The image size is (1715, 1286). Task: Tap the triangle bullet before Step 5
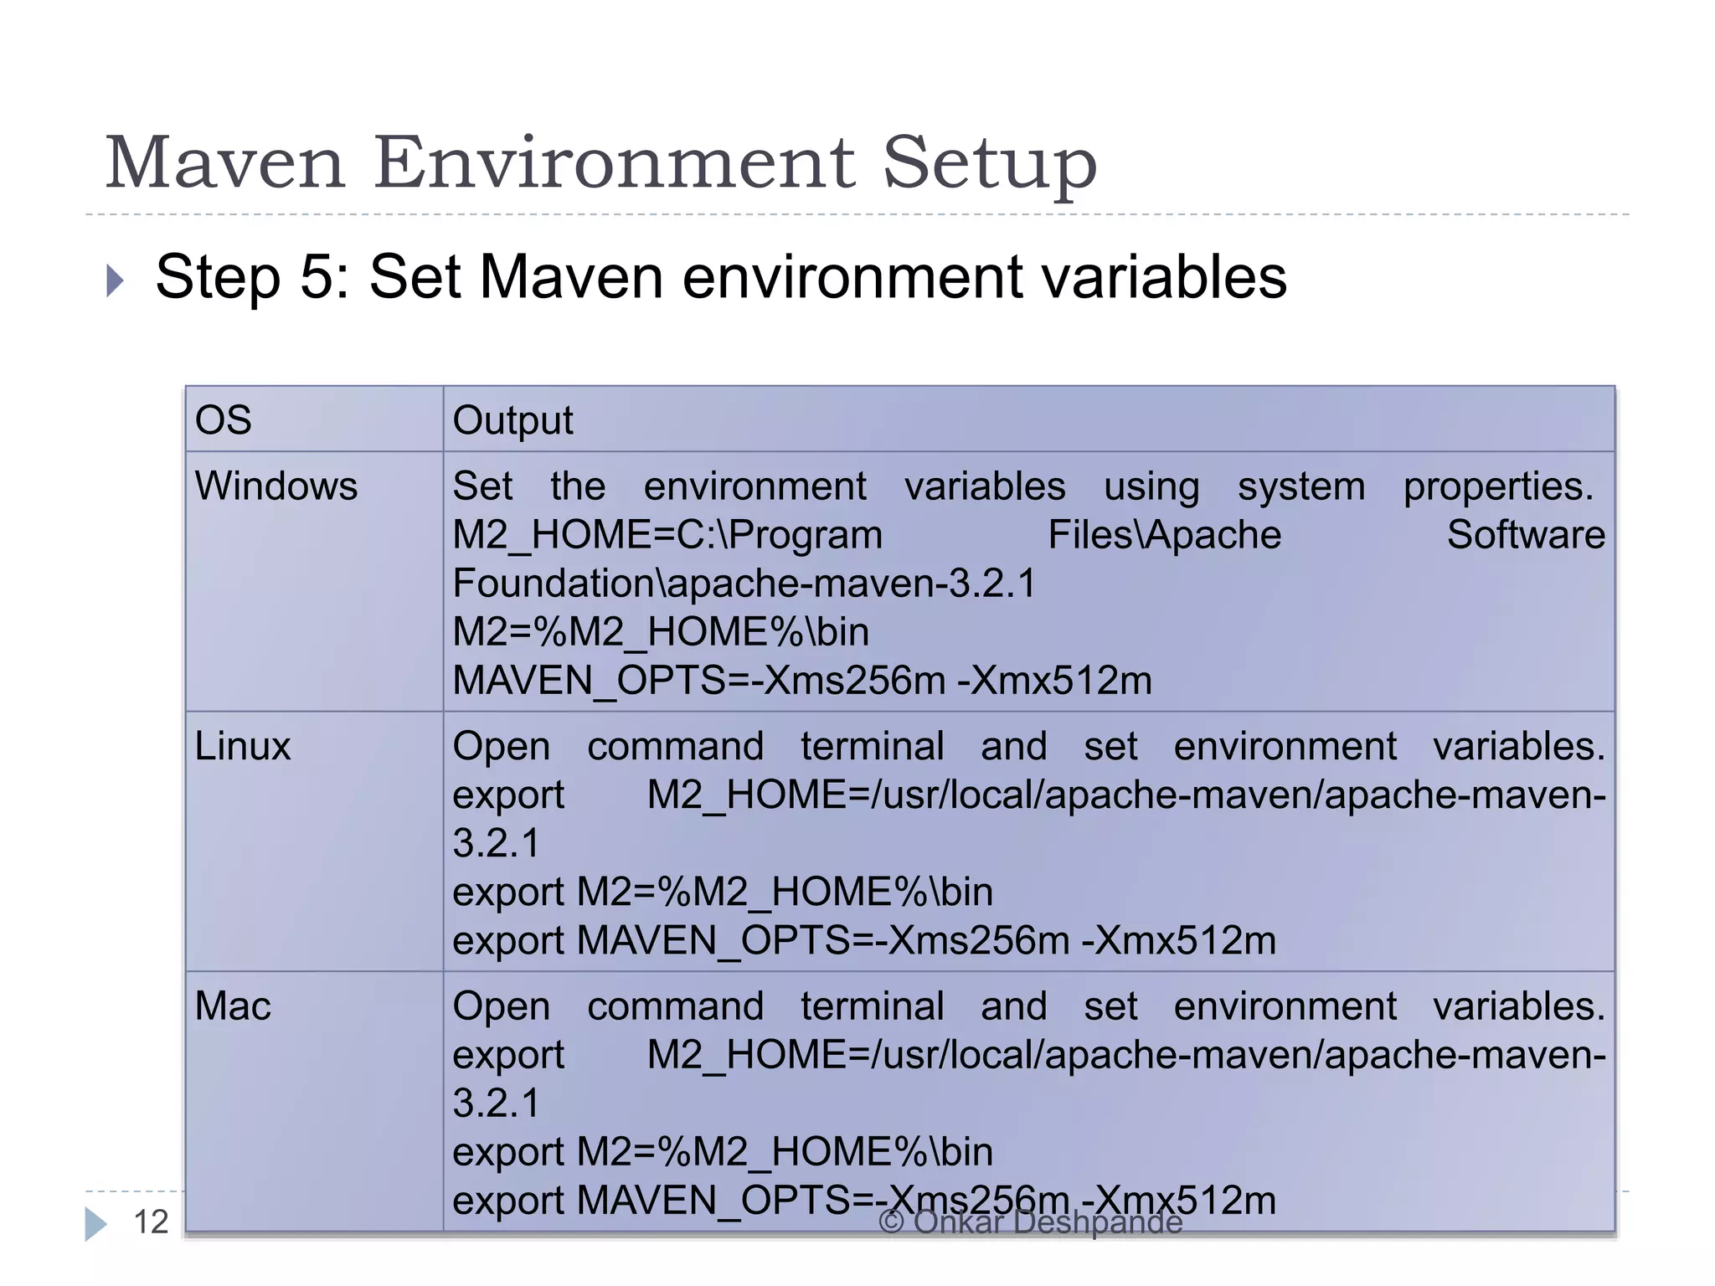point(116,280)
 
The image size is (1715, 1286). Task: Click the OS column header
point(223,420)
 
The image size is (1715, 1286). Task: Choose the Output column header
point(512,420)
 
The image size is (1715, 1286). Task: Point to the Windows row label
point(276,486)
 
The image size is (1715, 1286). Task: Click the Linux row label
point(242,746)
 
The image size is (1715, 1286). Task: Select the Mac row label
point(233,1006)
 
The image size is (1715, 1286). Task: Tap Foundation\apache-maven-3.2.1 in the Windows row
point(744,584)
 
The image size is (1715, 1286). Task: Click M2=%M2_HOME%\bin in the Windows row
point(660,632)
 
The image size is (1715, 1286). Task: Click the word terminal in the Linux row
point(872,746)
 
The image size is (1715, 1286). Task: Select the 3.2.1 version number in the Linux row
point(496,843)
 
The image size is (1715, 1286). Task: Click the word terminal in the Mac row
point(872,1006)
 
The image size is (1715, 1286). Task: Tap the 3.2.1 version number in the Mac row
point(496,1103)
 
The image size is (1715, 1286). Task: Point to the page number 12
point(151,1222)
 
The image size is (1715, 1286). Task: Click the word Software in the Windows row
point(1526,535)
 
